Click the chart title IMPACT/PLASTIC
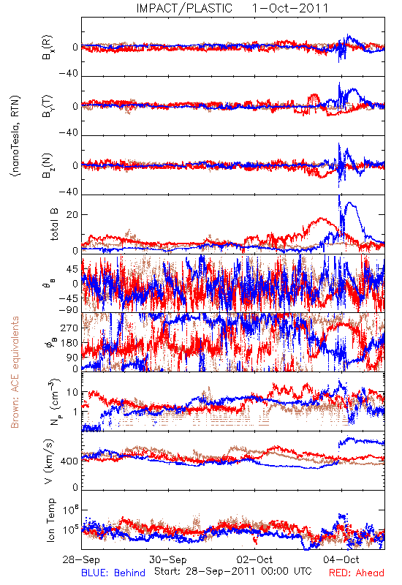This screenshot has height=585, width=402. coord(184,8)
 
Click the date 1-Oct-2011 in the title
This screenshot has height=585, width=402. coord(290,8)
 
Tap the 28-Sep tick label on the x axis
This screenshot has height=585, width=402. coord(81,559)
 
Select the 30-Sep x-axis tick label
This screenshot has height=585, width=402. coord(168,559)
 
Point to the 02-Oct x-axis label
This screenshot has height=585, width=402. coord(254,559)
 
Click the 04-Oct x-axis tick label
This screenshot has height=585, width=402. coord(341,559)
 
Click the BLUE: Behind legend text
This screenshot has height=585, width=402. coord(113,573)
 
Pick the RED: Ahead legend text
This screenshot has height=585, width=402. coord(357,573)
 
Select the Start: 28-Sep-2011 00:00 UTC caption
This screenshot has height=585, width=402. coord(233,571)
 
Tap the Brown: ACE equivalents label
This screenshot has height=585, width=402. coord(15,372)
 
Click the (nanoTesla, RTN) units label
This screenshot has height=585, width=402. coord(15,136)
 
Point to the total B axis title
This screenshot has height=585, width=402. coord(54,224)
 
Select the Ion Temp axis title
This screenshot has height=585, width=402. coord(50,520)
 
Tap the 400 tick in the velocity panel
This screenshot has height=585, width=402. coord(69,461)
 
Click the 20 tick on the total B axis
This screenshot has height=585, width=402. coord(72,215)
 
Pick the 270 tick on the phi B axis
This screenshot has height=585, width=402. coord(69,328)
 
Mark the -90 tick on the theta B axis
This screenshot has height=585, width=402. coord(69,310)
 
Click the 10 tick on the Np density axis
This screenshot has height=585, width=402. coord(72,393)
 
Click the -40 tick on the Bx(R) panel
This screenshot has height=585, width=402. coord(69,74)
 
